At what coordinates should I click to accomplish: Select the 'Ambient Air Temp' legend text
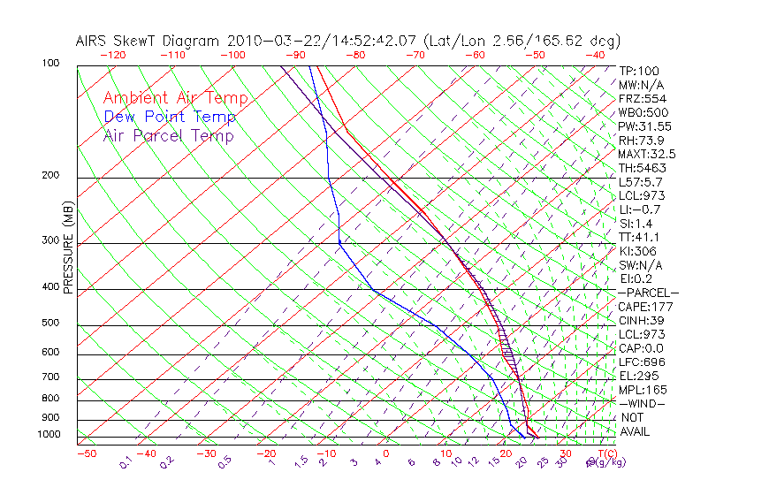pyautogui.click(x=175, y=98)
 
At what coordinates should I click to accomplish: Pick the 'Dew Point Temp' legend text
pyautogui.click(x=170, y=117)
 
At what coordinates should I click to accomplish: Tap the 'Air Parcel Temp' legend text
pyautogui.click(x=168, y=135)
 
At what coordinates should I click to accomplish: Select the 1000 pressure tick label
pyautogui.click(x=49, y=435)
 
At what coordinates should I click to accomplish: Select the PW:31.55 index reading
pyautogui.click(x=644, y=126)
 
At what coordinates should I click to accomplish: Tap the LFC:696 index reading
pyautogui.click(x=641, y=362)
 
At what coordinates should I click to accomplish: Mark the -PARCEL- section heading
pyautogui.click(x=648, y=293)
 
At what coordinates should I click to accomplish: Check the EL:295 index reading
pyautogui.click(x=638, y=376)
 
